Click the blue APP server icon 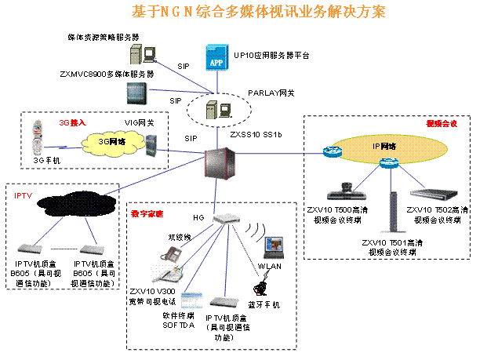(216, 57)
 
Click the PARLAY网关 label (271, 93)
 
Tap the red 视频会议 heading (442, 124)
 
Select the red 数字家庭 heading (147, 213)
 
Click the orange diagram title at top (258, 13)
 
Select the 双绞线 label (180, 236)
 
